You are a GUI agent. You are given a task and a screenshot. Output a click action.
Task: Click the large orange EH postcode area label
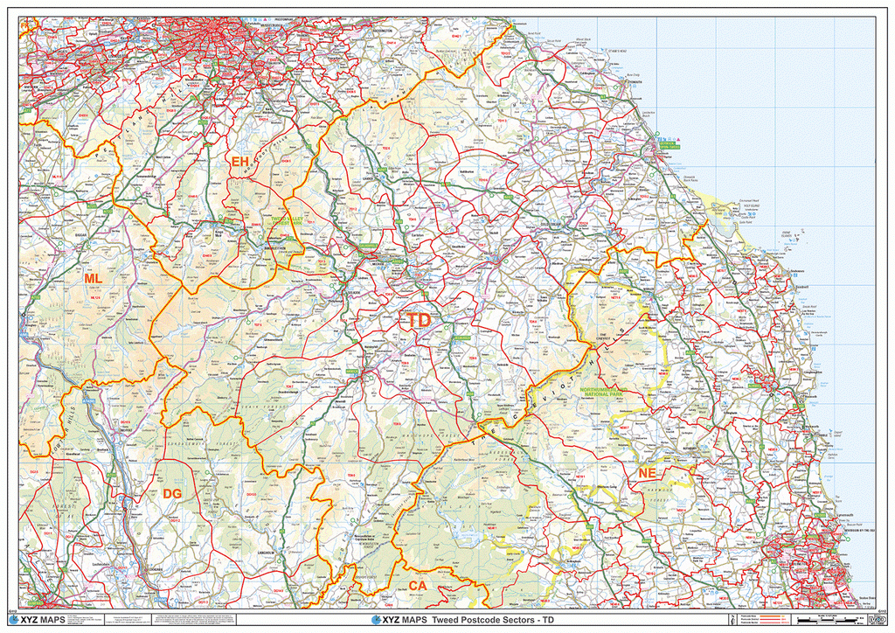[x=239, y=161]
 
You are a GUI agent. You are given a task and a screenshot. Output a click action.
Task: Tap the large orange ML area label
[x=93, y=278]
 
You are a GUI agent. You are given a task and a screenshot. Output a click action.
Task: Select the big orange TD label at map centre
[x=419, y=321]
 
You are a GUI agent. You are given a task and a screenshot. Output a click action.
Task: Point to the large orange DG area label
[x=172, y=495]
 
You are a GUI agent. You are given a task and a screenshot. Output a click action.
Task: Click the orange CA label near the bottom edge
[x=417, y=585]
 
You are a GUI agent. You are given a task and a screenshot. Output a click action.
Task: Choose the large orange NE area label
[x=647, y=473]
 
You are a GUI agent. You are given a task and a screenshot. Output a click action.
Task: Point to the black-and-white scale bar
[x=826, y=620]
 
